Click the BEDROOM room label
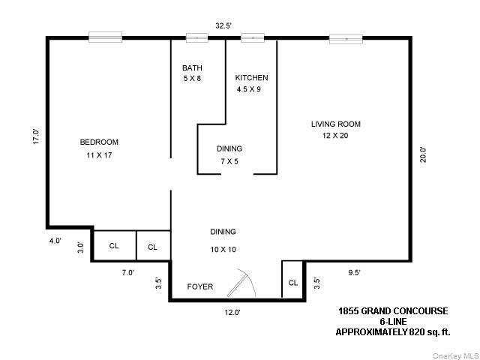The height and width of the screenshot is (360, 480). click(99, 142)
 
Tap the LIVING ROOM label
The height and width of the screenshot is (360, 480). click(336, 124)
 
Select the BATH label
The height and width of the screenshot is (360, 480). click(192, 68)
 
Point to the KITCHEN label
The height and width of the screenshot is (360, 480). click(251, 78)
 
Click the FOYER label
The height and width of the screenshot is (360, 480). click(200, 286)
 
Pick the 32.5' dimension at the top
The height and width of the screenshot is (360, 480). click(223, 25)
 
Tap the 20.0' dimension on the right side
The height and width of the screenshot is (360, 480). click(423, 154)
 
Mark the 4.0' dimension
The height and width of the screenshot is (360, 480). click(55, 241)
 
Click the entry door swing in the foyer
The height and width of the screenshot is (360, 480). click(244, 284)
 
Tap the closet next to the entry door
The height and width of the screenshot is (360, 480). click(292, 281)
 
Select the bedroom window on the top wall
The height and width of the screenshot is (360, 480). click(105, 36)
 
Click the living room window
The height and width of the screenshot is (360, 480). click(346, 38)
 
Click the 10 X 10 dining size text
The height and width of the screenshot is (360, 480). click(223, 249)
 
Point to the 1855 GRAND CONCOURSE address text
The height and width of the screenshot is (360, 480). click(391, 310)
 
